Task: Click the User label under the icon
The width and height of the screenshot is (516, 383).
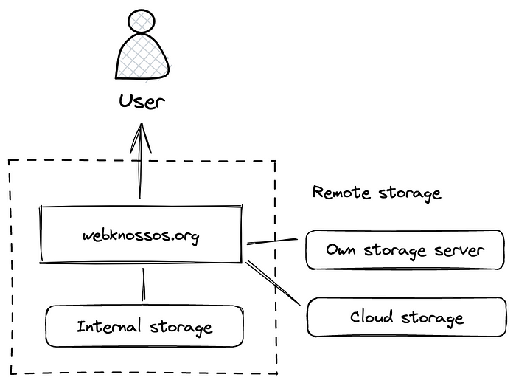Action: point(142,101)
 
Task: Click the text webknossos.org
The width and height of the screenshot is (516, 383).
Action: point(140,236)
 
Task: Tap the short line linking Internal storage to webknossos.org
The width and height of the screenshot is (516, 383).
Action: point(143,284)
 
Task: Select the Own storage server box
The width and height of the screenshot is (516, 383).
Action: point(405,249)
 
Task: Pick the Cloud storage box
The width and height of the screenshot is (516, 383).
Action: point(406,317)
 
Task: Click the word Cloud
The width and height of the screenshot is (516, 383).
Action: point(372,317)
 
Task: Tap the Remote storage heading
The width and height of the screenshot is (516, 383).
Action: point(377,193)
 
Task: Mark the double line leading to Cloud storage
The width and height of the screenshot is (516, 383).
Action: point(273,283)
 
